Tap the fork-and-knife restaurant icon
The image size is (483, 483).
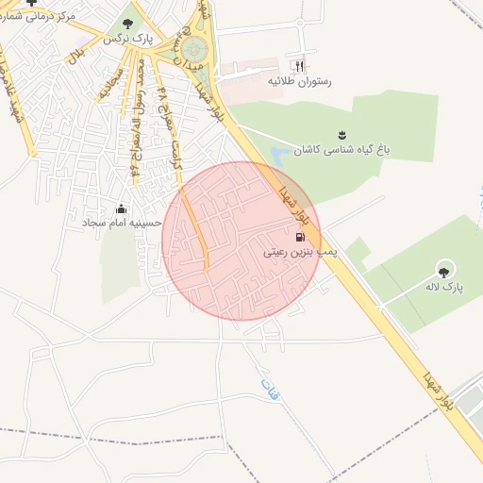pos(300,66)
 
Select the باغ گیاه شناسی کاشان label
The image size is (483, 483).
pos(341,151)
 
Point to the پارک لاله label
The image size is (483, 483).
pos(443,285)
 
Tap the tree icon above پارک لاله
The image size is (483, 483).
pos(444,268)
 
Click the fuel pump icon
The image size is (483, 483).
pos(300,237)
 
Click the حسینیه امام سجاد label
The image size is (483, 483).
pos(122,223)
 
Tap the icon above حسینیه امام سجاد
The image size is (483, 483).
pos(121,208)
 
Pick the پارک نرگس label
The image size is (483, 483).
pos(127,40)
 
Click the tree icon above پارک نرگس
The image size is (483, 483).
pos(128,25)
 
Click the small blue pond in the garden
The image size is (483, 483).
pos(279,153)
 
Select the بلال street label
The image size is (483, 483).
pos(74,56)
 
